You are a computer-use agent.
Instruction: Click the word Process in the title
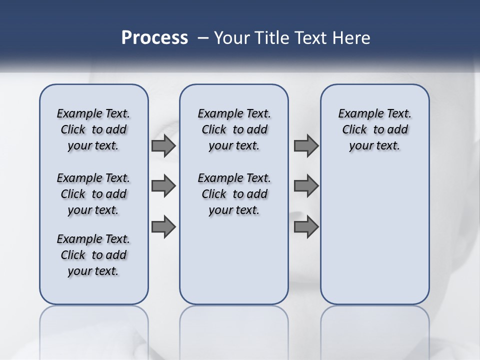154,38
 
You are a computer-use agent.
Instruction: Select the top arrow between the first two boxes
163,146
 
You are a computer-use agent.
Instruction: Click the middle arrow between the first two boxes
163,186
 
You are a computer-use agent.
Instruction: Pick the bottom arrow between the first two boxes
163,227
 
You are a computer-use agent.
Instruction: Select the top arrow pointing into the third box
306,146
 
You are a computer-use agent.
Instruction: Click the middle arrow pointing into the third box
306,186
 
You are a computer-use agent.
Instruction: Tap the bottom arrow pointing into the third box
306,227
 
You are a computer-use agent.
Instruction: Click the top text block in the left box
93,129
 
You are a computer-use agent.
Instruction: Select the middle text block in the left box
93,194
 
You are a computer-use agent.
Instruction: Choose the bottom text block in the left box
93,255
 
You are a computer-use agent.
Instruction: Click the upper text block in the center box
234,129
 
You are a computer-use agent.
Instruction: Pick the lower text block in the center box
234,194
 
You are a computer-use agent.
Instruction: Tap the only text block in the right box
375,129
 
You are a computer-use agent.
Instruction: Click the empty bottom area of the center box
234,265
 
